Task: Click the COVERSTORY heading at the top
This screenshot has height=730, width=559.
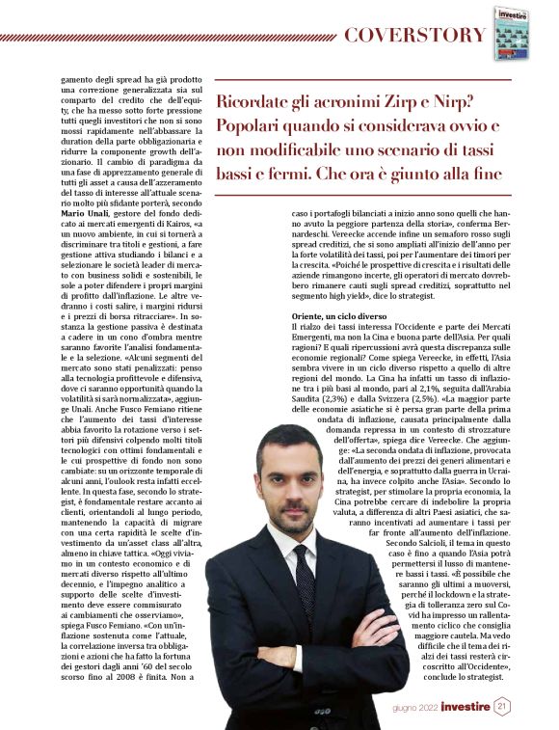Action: [414, 36]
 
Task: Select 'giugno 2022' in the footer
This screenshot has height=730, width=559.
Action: [413, 708]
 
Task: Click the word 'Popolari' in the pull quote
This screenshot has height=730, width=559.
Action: [253, 127]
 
